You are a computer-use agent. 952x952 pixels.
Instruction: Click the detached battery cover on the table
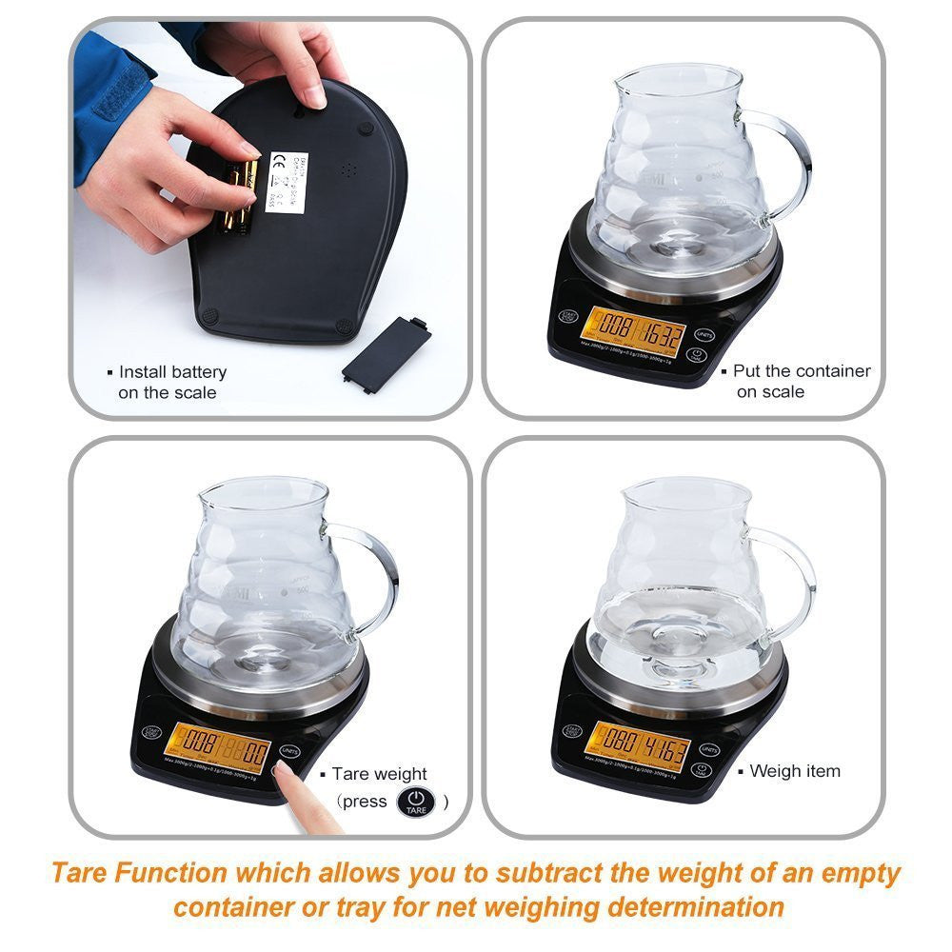tap(387, 349)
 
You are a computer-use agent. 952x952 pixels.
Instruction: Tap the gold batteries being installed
tap(238, 195)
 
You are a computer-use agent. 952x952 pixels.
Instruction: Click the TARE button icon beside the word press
tap(415, 802)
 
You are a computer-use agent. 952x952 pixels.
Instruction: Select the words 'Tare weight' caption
tap(380, 774)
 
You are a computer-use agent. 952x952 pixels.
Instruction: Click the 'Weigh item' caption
tap(795, 771)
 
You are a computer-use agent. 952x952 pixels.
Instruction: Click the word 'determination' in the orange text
tap(697, 906)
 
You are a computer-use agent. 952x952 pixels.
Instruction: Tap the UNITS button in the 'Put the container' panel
tap(704, 335)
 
